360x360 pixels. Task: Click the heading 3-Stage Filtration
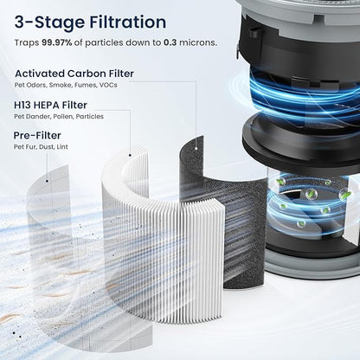pos(90,22)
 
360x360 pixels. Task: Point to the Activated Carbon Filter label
pos(74,74)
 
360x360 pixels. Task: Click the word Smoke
pos(68,86)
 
